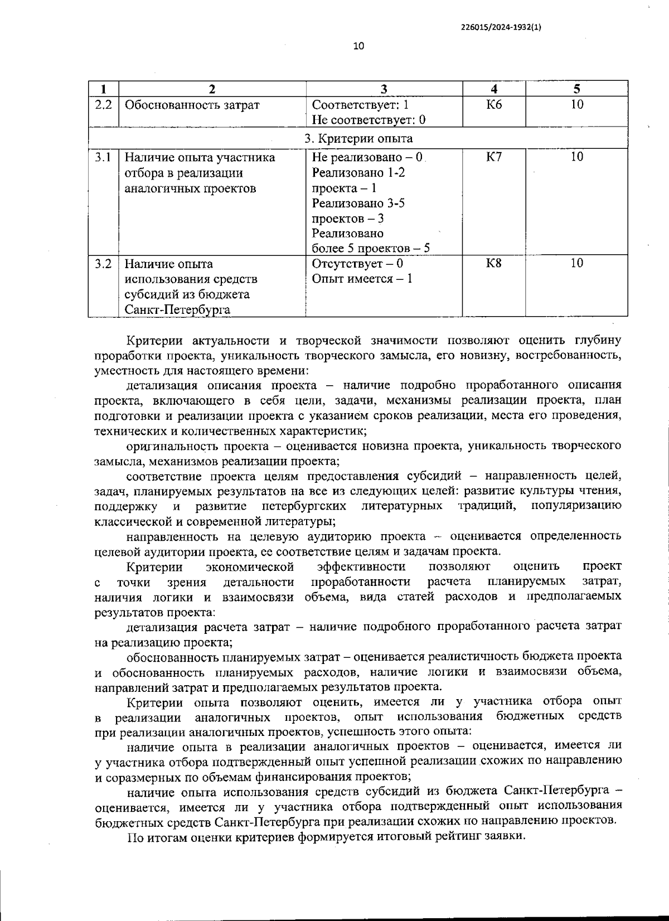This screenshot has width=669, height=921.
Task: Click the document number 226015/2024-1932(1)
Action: pyautogui.click(x=501, y=26)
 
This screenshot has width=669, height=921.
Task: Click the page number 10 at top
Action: pyautogui.click(x=358, y=46)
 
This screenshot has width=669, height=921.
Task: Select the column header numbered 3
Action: pyautogui.click(x=384, y=89)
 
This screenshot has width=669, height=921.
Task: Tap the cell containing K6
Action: pyautogui.click(x=494, y=105)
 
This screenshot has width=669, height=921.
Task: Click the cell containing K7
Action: pyautogui.click(x=494, y=157)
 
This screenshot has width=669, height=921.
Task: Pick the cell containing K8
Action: pyautogui.click(x=494, y=264)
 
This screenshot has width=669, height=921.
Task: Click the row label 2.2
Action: pyautogui.click(x=103, y=105)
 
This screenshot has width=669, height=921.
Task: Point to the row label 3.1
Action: pyautogui.click(x=103, y=157)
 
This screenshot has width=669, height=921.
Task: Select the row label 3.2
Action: pyautogui.click(x=103, y=264)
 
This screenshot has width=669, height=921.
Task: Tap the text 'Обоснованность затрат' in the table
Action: pyautogui.click(x=192, y=105)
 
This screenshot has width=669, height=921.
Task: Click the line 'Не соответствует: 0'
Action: pyautogui.click(x=369, y=120)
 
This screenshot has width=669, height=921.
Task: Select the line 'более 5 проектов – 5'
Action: pyautogui.click(x=371, y=249)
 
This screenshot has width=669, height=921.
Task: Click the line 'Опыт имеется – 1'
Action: pyautogui.click(x=362, y=279)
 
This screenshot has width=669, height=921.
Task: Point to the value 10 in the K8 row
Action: pyautogui.click(x=577, y=264)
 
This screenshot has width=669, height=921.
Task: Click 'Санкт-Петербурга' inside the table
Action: pyautogui.click(x=177, y=310)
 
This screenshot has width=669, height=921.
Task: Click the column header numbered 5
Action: pyautogui.click(x=577, y=89)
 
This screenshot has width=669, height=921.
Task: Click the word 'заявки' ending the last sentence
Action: pyautogui.click(x=506, y=837)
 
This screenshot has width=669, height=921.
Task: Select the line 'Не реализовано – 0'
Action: pyautogui.click(x=368, y=158)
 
